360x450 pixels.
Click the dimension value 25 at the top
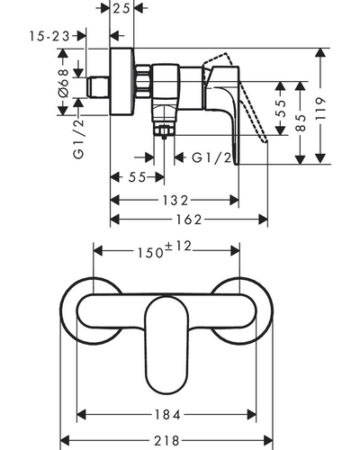[x=121, y=8]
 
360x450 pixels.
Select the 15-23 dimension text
[x=49, y=36]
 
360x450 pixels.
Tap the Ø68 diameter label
[x=64, y=83]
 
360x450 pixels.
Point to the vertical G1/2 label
[x=79, y=139]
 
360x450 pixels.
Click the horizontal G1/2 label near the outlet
[x=211, y=157]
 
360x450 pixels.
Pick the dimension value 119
[x=320, y=108]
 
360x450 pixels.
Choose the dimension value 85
[x=301, y=122]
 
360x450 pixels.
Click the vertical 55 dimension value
[x=281, y=108]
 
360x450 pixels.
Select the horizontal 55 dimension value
[x=137, y=177]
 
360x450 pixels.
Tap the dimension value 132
[x=175, y=200]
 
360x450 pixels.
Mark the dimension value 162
[x=189, y=220]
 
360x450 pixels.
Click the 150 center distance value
[x=150, y=253]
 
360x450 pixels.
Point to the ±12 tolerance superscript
[x=178, y=247]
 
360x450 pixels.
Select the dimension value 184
[x=167, y=415]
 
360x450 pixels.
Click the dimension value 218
[x=166, y=441]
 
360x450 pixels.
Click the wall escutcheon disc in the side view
[x=121, y=81]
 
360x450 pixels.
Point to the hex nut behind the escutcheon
[x=143, y=81]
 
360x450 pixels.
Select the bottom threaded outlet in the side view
[x=164, y=129]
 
